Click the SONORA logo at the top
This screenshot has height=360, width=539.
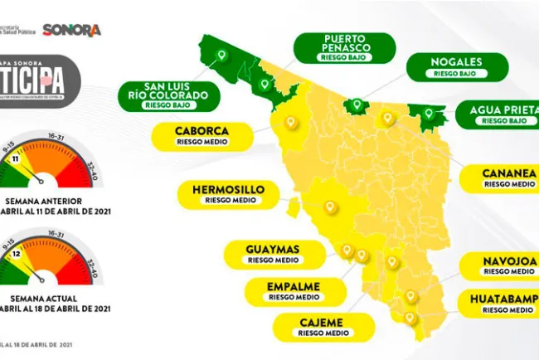point(71,30)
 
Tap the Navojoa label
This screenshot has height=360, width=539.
point(507,265)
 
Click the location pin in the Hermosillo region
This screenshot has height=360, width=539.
point(329,207)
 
